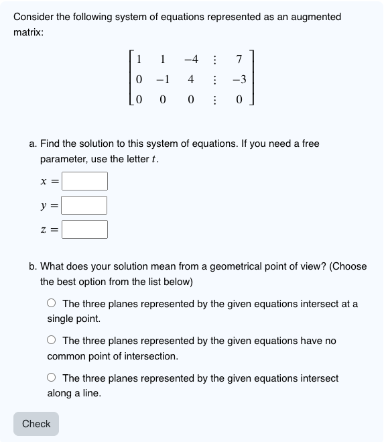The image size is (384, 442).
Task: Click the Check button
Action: click(36, 424)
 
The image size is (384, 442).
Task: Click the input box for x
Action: click(85, 181)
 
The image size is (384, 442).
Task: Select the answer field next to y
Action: click(85, 205)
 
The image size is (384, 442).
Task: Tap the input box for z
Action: click(85, 229)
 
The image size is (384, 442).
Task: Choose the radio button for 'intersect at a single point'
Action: click(52, 304)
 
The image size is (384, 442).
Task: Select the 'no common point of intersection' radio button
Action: click(52, 341)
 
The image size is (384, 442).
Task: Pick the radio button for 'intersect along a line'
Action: click(52, 379)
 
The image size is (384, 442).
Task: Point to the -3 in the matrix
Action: click(239, 80)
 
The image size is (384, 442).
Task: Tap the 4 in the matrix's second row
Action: click(191, 80)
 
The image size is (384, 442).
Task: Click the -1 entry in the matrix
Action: click(162, 80)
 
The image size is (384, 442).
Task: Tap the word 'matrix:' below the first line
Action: click(29, 32)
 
